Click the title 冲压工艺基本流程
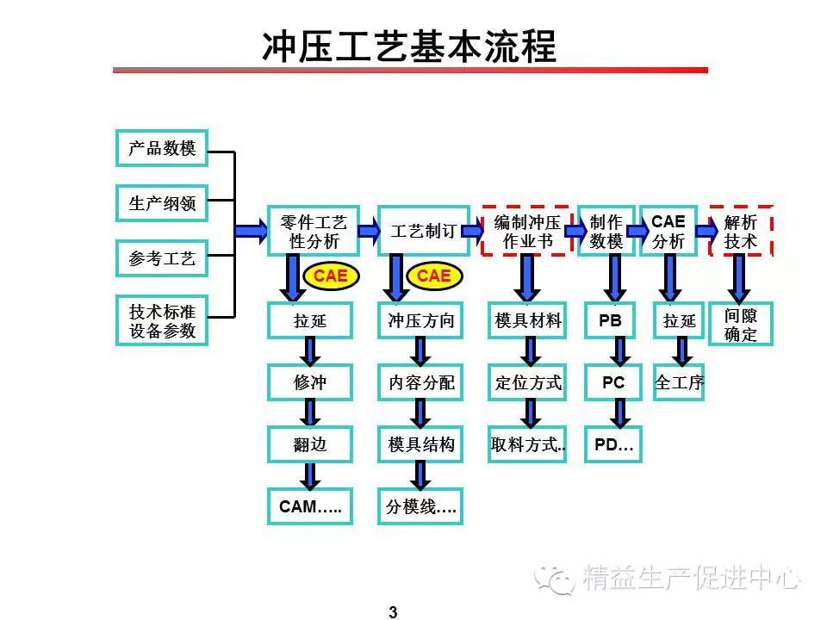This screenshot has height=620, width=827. coord(409,46)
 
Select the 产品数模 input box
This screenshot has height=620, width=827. coord(162,148)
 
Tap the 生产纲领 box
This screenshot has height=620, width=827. coord(162,203)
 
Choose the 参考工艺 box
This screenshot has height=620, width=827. coord(162,258)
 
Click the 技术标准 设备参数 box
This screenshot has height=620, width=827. coord(162,320)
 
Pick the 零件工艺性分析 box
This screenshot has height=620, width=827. coord(314,231)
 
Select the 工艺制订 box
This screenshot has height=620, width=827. coord(424,231)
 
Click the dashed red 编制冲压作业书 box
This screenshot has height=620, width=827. coord(527,231)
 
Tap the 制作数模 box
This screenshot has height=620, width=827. coord(606,231)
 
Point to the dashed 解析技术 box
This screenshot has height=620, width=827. coord(741,231)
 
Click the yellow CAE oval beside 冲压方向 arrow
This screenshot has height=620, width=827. coord(434,276)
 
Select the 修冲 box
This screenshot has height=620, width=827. coord(310,382)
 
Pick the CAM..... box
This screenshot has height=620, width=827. coord(310,506)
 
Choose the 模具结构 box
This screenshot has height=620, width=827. coord(420,444)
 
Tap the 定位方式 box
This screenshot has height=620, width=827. coord(527,382)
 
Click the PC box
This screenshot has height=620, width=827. coord(613,382)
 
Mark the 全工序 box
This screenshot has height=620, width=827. coord(679,382)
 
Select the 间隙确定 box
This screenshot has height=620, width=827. coord(741,325)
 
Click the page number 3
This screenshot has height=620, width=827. coord(393,612)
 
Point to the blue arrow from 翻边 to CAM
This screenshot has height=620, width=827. coord(310,476)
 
